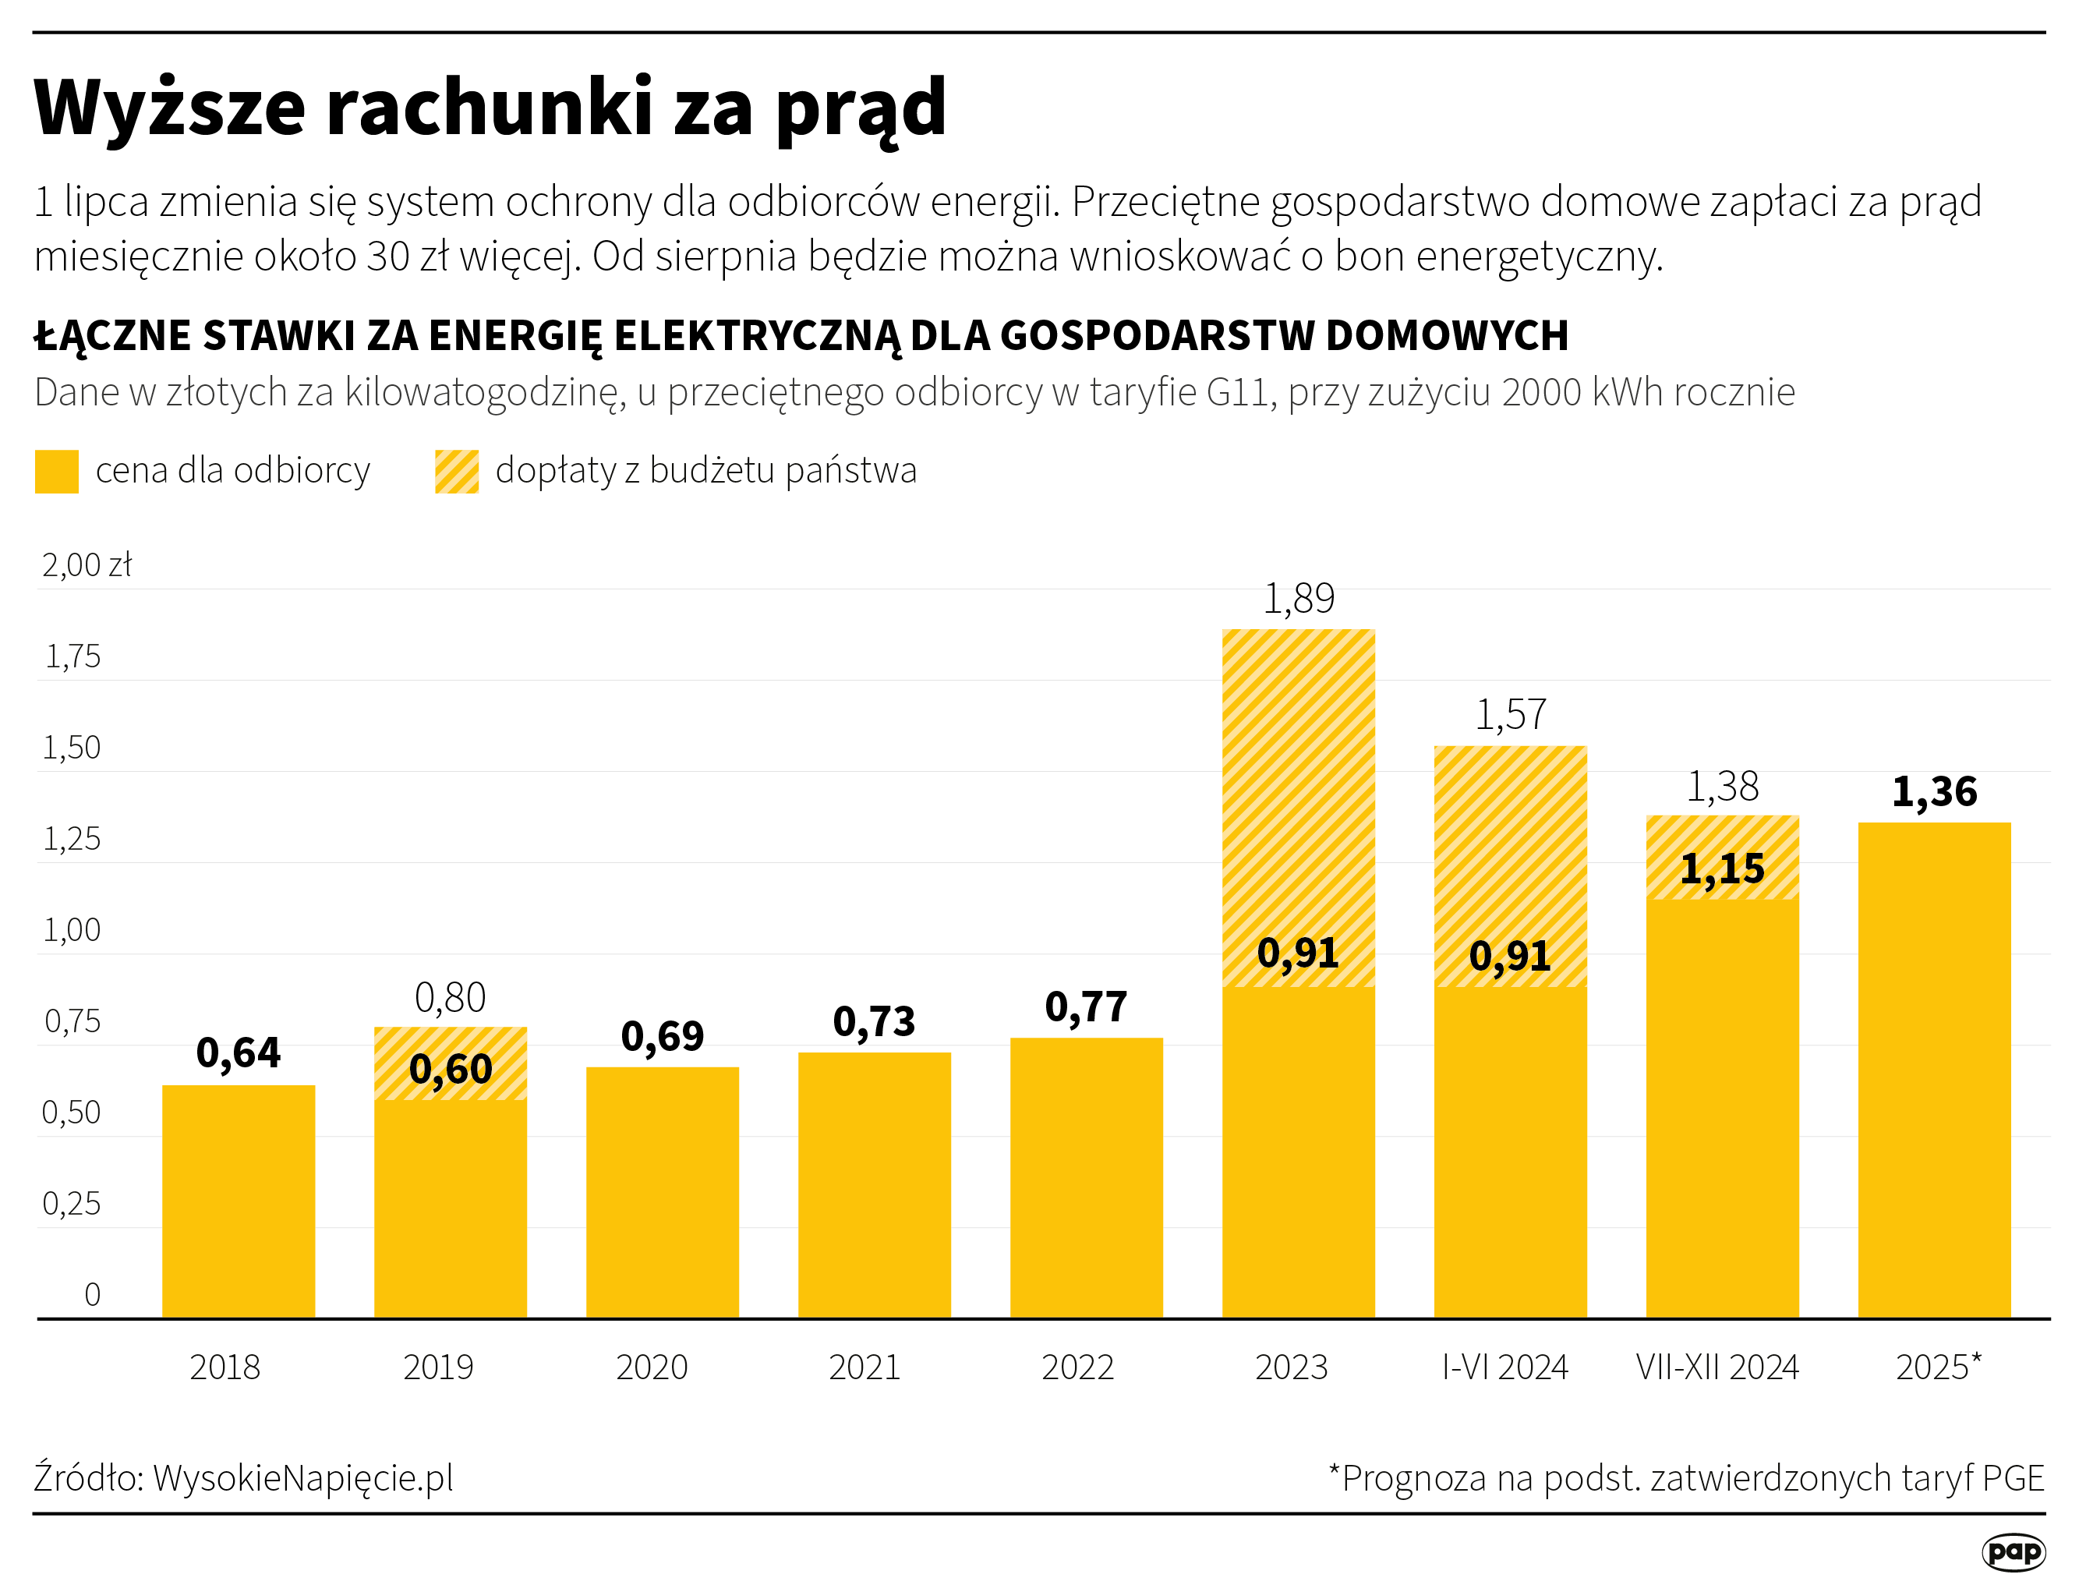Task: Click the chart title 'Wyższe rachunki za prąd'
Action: (490, 107)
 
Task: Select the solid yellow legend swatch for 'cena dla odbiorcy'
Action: (57, 471)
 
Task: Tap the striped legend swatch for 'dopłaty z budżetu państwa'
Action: (457, 471)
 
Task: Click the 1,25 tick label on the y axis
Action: (72, 839)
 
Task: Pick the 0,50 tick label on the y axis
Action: (72, 1113)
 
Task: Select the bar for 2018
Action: (239, 1201)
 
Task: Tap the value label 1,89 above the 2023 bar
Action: (1298, 598)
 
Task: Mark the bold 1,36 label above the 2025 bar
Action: (1934, 791)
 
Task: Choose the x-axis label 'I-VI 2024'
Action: (1504, 1367)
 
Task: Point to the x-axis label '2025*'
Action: (1938, 1367)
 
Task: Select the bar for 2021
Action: (875, 1184)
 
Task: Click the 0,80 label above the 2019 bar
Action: (450, 997)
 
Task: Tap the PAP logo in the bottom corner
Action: (2014, 1551)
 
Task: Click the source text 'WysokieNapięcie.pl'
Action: (303, 1477)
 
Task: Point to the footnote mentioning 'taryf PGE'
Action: (1687, 1478)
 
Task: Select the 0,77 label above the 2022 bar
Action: (1086, 1006)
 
